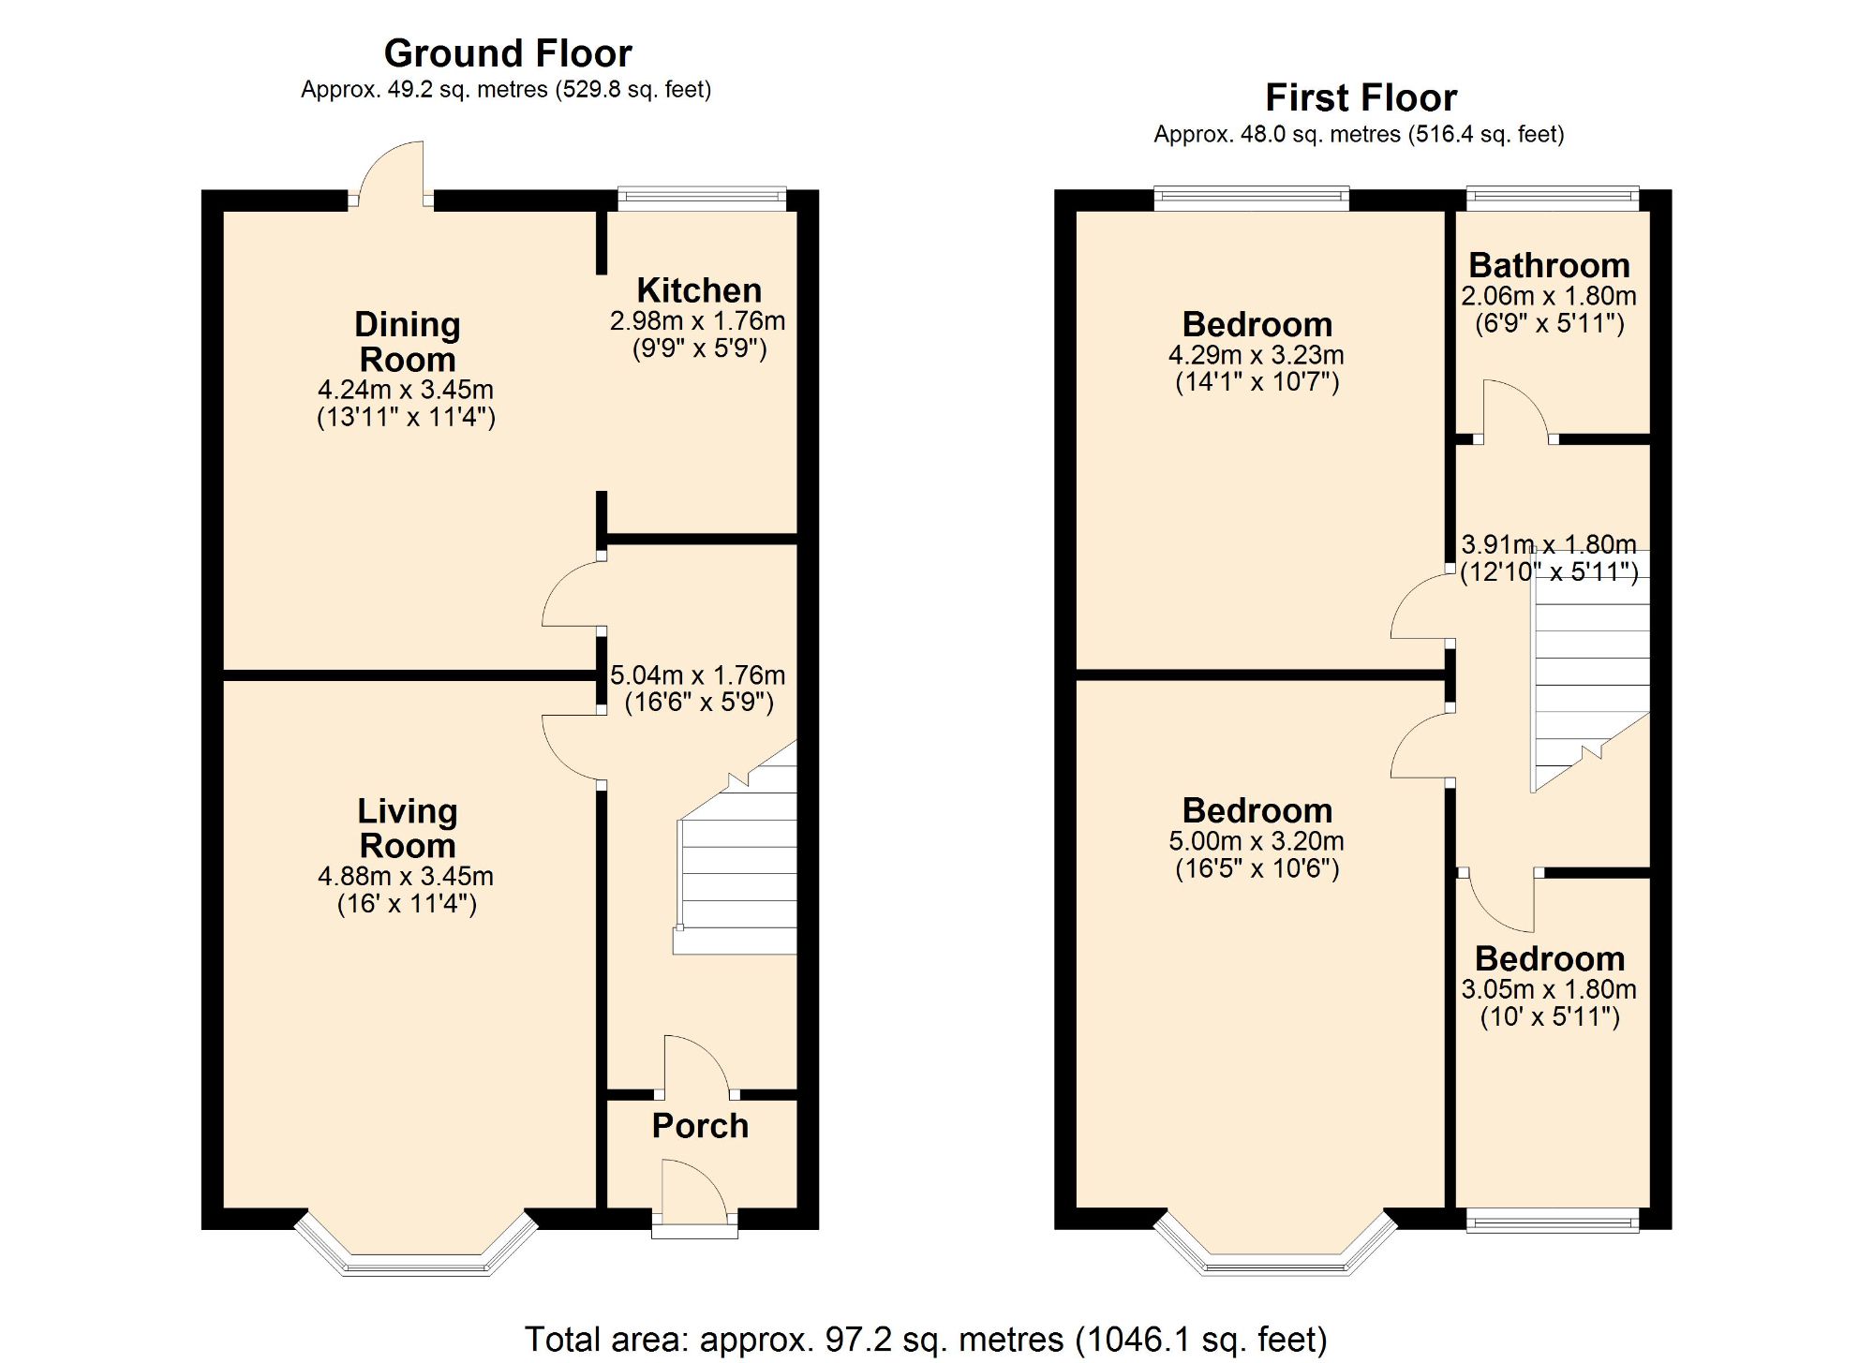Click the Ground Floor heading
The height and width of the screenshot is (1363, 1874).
(508, 53)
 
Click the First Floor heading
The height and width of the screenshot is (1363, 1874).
(1361, 97)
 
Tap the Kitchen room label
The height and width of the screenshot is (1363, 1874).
(699, 290)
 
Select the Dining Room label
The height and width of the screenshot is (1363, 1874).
(408, 342)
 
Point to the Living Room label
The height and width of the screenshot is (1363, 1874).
(408, 828)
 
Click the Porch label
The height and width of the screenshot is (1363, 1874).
(700, 1125)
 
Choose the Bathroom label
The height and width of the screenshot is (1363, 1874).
(1549, 265)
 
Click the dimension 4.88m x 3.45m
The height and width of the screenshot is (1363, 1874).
(406, 877)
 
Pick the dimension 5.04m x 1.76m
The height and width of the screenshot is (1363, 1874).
(698, 675)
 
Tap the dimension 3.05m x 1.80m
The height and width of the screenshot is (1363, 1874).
(1549, 989)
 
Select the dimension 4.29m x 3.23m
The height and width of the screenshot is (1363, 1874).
(1257, 356)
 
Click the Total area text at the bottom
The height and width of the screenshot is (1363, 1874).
(926, 1340)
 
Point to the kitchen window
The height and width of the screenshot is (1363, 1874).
(702, 197)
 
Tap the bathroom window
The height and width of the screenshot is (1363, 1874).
(1552, 197)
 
